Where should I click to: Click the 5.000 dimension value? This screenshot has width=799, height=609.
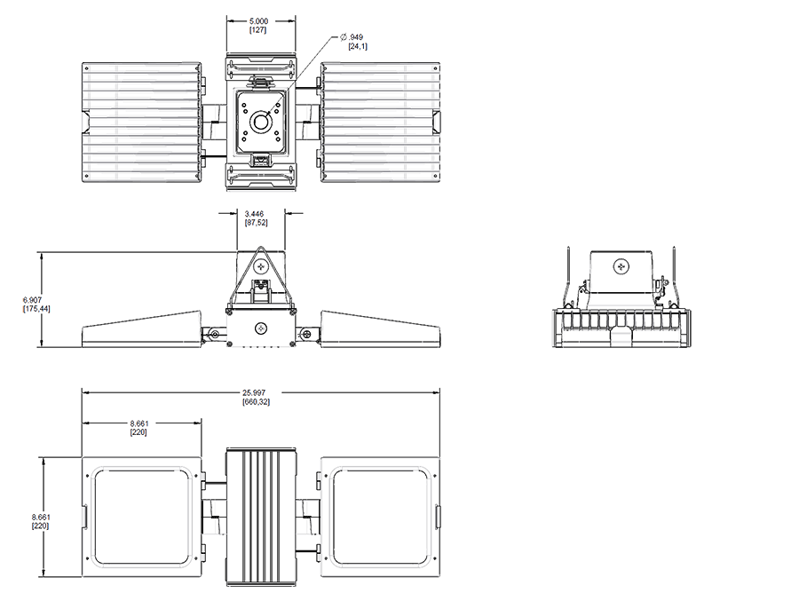pyautogui.click(x=258, y=21)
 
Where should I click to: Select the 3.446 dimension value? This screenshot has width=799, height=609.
pyautogui.click(x=254, y=214)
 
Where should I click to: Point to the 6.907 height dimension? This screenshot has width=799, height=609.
pyautogui.click(x=32, y=300)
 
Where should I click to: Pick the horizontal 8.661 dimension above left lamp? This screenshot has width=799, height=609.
pyautogui.click(x=138, y=423)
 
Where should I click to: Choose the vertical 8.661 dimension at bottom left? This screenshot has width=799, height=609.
pyautogui.click(x=41, y=517)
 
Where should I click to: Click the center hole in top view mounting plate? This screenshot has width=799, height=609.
pyautogui.click(x=262, y=123)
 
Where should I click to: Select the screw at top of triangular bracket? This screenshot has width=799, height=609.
pyautogui.click(x=263, y=266)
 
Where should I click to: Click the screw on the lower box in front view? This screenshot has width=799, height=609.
pyautogui.click(x=262, y=328)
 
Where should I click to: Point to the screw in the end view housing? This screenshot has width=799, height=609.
pyautogui.click(x=621, y=265)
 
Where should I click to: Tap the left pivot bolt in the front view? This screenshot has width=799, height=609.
pyautogui.click(x=215, y=335)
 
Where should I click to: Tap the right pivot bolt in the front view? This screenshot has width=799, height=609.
pyautogui.click(x=307, y=335)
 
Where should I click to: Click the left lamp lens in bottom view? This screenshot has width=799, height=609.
pyautogui.click(x=142, y=517)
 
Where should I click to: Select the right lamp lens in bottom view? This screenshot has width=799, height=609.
pyautogui.click(x=381, y=517)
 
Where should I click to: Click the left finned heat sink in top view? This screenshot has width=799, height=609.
pyautogui.click(x=142, y=123)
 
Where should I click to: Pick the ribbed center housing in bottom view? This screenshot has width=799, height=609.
pyautogui.click(x=261, y=517)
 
